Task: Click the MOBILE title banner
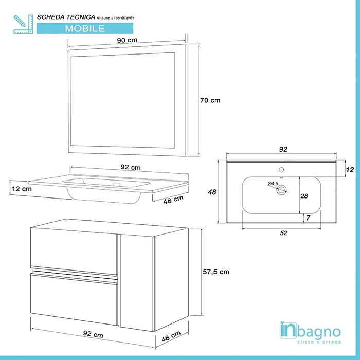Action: coord(85,28)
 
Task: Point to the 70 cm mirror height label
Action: coord(210,100)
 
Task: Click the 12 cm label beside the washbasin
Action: coord(21,189)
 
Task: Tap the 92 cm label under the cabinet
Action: coord(93,335)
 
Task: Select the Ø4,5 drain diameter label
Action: coord(273,183)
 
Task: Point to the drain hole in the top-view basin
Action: coord(281,190)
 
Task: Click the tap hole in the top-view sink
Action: coord(281,169)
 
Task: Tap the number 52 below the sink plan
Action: coord(284,232)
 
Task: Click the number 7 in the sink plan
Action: coord(307,218)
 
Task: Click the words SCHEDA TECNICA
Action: coord(65,17)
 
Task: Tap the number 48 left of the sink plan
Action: coord(211,192)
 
